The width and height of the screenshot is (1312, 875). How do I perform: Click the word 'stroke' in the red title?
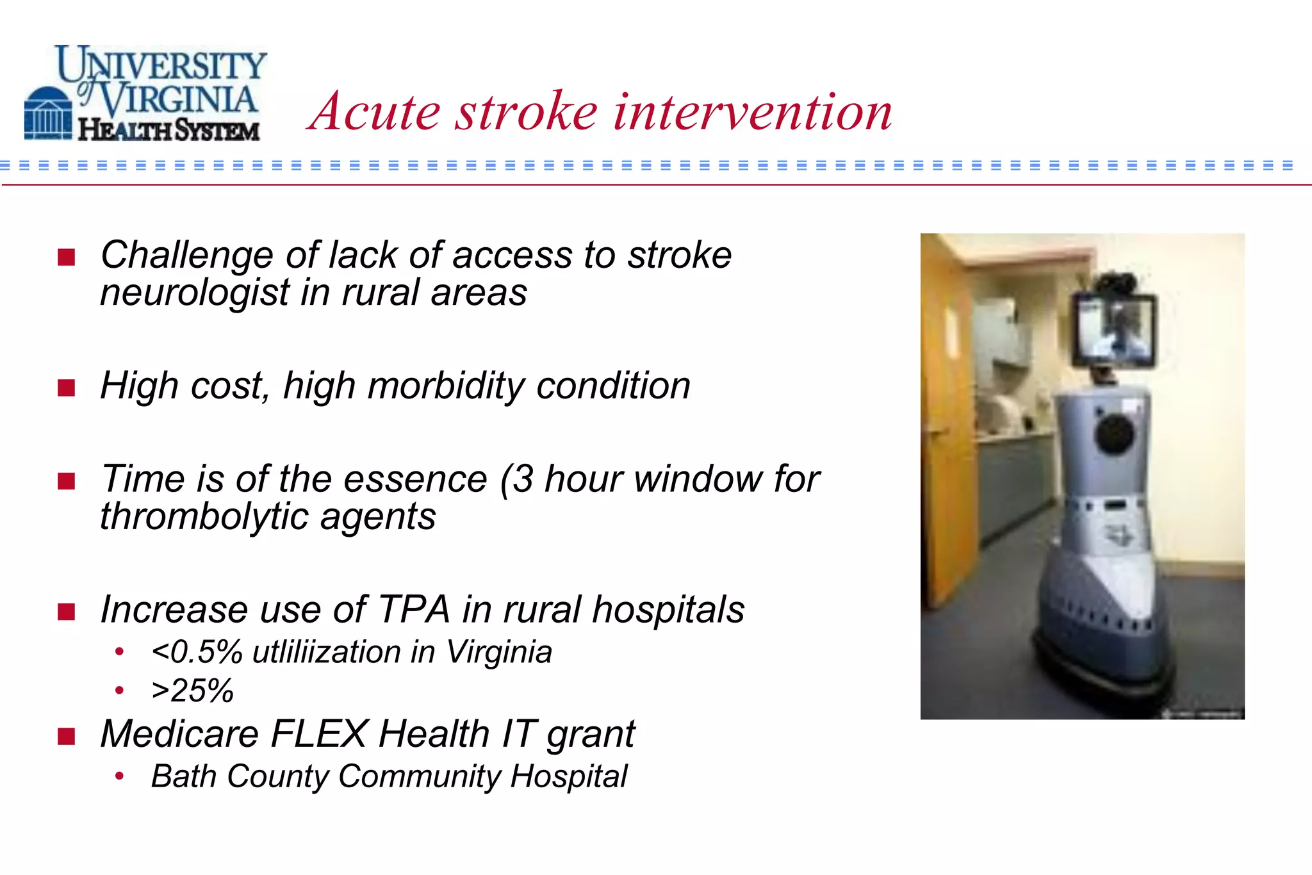tap(526, 112)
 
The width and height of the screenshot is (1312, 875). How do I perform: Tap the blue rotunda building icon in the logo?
tap(48, 113)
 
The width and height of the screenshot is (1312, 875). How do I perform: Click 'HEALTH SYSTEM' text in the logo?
tap(168, 130)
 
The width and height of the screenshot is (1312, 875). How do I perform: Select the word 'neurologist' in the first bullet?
tap(195, 293)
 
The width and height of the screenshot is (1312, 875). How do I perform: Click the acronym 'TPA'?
tap(414, 609)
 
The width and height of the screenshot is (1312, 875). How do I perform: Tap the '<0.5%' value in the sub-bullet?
tap(197, 653)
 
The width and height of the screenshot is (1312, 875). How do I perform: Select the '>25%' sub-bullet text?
tap(192, 691)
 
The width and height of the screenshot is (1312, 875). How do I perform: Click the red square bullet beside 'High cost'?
tap(66, 388)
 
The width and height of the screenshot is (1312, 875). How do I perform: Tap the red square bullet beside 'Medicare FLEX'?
tap(66, 736)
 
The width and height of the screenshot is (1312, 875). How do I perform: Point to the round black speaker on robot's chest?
tap(1115, 434)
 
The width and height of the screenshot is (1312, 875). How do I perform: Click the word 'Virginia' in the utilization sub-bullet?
tap(498, 653)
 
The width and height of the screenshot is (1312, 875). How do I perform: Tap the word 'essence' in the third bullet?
tap(415, 480)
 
